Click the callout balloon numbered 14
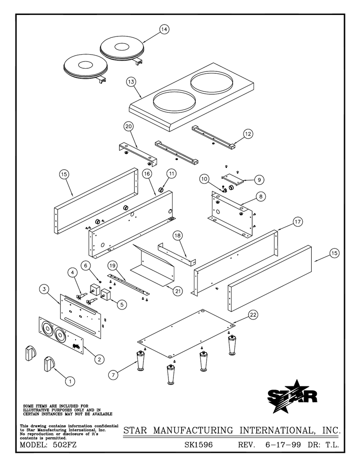coord(164,29)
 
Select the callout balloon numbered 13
coord(131,81)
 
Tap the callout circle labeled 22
coord(253,315)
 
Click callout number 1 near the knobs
coord(70,381)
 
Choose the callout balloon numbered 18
coord(177,235)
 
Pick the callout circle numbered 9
coord(258,180)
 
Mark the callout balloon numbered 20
coord(128,126)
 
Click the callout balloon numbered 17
coord(297,222)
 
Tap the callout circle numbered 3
coord(44,289)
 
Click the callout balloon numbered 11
coord(171,173)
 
